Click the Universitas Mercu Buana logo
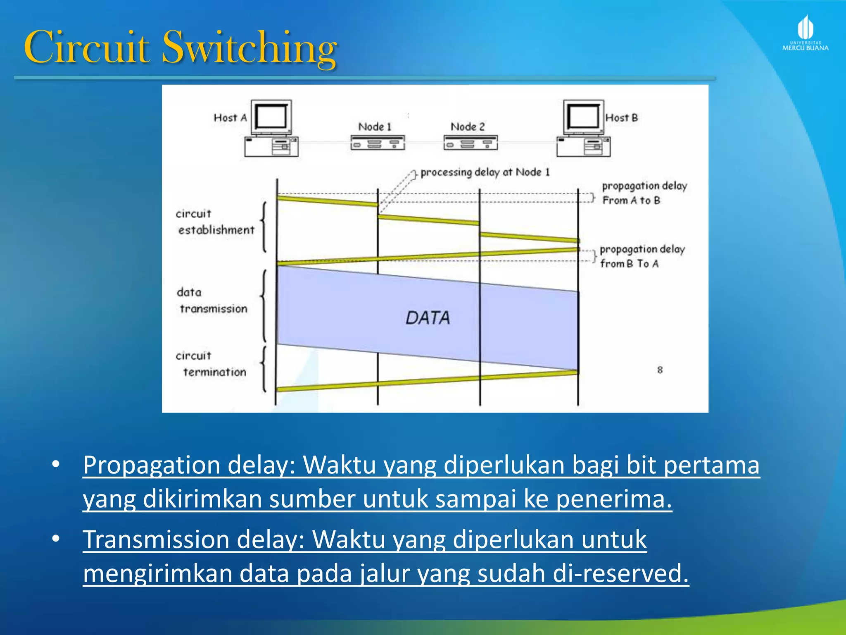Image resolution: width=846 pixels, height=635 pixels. coord(805,33)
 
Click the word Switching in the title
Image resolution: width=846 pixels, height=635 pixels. coord(250,48)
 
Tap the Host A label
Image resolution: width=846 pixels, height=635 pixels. coord(230,118)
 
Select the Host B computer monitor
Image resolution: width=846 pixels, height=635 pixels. coord(583,116)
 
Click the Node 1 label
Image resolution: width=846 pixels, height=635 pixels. coord(374,127)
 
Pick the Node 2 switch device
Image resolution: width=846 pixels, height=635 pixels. coord(471,143)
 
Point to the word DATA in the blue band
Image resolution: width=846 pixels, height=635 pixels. coord(428,318)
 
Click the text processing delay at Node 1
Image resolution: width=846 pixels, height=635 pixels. coord(485,172)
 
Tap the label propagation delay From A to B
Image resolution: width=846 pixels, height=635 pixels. coord(644,193)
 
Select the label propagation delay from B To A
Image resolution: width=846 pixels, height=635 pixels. coord(642,256)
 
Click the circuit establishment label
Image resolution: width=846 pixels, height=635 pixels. coord(215,222)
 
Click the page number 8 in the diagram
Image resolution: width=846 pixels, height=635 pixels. coord(660,370)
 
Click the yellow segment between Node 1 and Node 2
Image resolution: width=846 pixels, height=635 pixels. coord(428,220)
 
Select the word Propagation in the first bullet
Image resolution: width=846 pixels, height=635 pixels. coord(152,465)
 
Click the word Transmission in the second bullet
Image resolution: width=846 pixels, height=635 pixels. coord(156,540)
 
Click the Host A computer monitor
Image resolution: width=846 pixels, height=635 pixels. coord(271,116)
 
